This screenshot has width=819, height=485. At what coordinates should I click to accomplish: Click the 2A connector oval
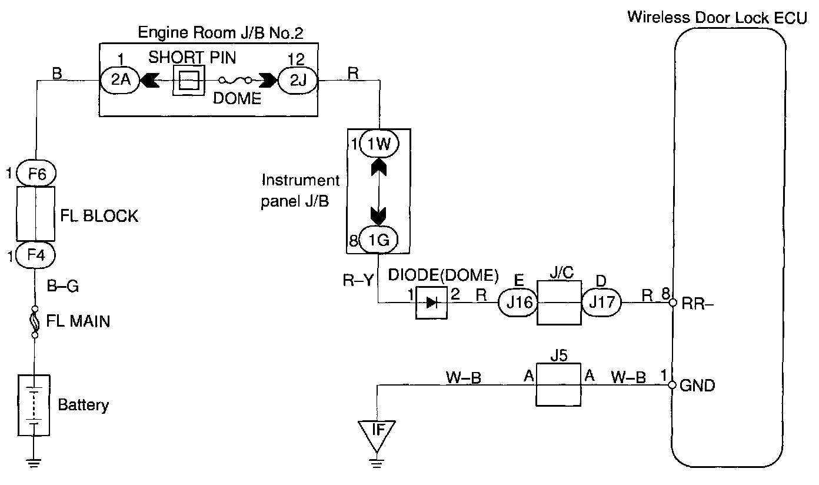pos(120,80)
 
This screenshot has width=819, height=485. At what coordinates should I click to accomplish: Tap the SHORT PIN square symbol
pos(189,80)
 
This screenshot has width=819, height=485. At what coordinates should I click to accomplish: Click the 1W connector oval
pos(379,144)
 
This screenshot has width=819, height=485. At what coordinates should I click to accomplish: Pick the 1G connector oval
pos(379,240)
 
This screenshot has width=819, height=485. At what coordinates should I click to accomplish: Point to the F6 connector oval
pos(35,174)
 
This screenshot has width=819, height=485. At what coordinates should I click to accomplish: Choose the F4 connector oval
pos(35,255)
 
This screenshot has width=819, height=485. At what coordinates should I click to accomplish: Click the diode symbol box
pos(432,303)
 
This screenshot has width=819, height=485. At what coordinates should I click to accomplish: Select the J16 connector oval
pos(518,303)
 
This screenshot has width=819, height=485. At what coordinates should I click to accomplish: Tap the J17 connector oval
pos(601,303)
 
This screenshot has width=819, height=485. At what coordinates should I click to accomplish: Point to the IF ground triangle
pos(379,431)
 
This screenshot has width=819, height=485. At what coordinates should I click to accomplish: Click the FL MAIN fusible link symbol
pos(35,321)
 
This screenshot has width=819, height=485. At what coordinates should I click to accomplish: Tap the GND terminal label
pos(697,386)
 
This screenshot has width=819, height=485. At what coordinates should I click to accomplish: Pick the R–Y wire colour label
pos(358,280)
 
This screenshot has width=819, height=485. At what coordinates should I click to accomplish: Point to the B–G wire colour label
pos(63,287)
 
